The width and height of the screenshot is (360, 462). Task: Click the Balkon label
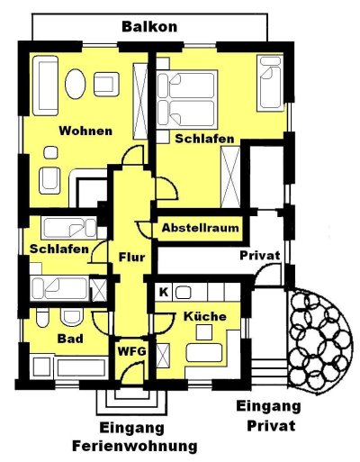(149, 27)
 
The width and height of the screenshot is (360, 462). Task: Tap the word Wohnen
(85, 131)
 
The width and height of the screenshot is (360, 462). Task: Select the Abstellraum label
(201, 228)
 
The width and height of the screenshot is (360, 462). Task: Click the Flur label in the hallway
(131, 258)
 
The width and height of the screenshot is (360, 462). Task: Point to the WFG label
(131, 351)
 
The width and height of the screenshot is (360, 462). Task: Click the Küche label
(205, 316)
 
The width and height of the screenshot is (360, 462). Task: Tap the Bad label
(70, 339)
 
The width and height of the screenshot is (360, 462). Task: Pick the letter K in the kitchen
(164, 292)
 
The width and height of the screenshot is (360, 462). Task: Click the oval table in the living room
(76, 84)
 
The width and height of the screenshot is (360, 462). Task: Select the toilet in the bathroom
(42, 318)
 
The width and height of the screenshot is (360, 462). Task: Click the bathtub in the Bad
(82, 367)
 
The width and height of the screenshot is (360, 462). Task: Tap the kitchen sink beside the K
(184, 293)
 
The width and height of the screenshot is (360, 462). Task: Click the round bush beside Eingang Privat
(319, 341)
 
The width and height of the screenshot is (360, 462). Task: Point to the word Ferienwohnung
(135, 446)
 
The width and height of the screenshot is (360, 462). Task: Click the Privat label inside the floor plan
(260, 256)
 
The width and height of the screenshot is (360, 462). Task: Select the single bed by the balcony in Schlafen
(270, 83)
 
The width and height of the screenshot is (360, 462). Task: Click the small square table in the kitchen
(204, 332)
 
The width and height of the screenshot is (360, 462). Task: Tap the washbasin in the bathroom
(71, 317)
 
